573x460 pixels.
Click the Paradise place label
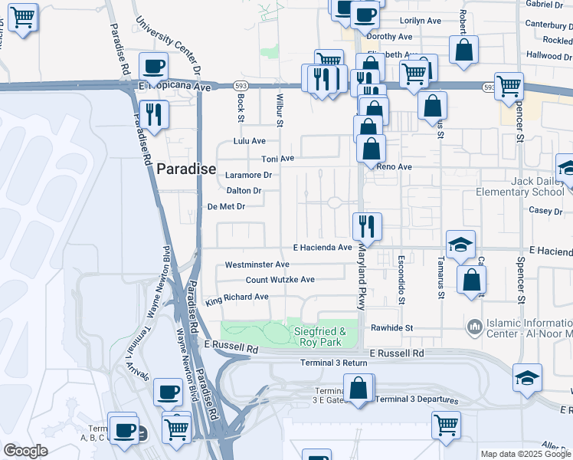coord(186,169)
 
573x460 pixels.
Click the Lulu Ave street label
coord(250,141)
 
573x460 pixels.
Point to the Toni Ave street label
coord(278,159)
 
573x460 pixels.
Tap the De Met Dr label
coord(226,206)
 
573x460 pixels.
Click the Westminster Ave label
coord(257,264)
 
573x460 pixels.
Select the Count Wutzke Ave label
coord(280,280)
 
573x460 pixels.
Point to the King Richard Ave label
coord(237,297)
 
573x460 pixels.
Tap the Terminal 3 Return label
coord(334,363)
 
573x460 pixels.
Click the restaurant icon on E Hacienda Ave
coord(367,225)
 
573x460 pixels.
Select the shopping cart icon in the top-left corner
coord(22,15)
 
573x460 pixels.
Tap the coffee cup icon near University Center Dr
coord(154,66)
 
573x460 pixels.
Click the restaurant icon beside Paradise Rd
coord(154,113)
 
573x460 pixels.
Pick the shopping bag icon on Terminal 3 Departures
coord(358,388)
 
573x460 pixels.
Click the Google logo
coord(25,451)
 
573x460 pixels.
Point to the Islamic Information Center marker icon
coord(475,327)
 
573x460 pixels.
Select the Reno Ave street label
coord(393,166)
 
